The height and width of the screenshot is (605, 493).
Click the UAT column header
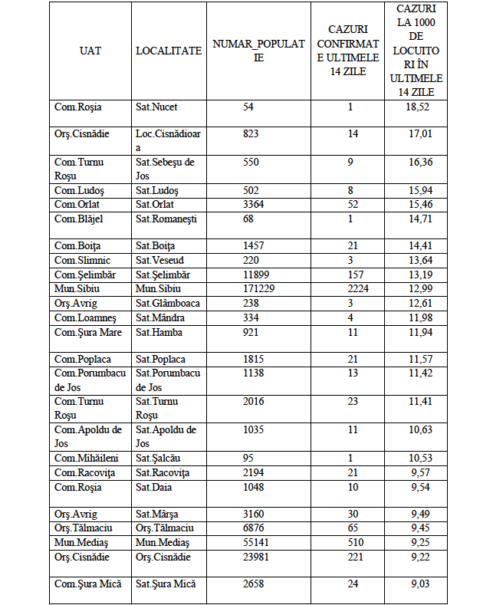(90, 51)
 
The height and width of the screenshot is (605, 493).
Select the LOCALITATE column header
(169, 51)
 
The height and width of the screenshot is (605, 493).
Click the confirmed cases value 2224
(350, 288)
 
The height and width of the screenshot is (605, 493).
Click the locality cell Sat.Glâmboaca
(168, 303)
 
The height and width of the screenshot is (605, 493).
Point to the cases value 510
(350, 543)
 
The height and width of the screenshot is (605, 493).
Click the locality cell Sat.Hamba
(159, 332)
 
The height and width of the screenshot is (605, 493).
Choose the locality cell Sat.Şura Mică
(166, 584)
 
